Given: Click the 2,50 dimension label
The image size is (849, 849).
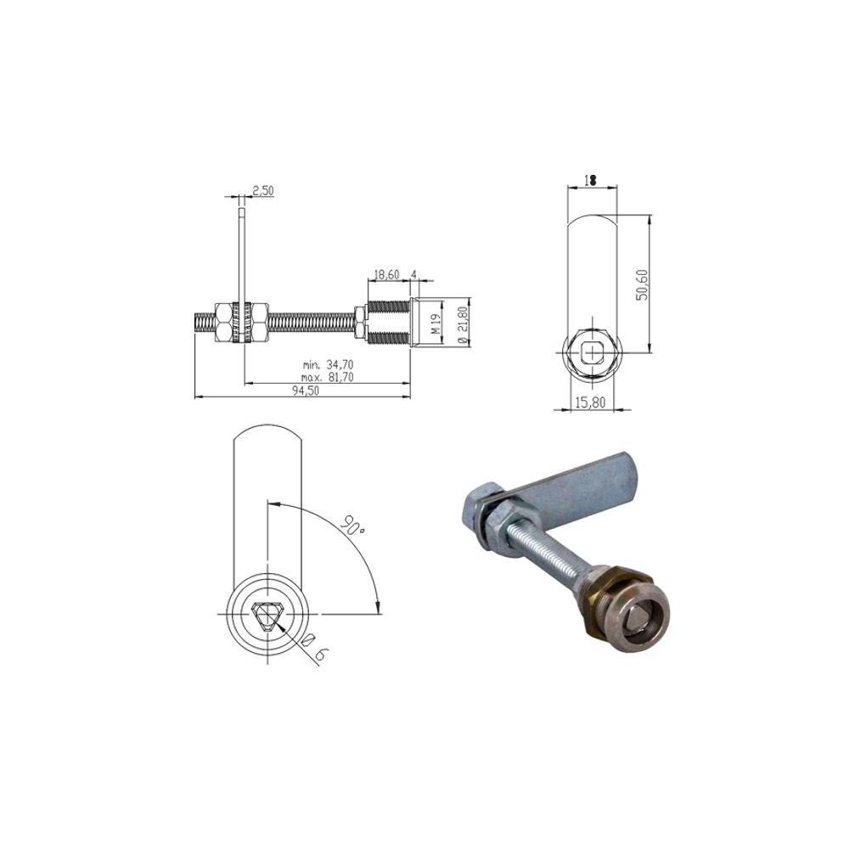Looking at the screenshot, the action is pyautogui.click(x=263, y=190).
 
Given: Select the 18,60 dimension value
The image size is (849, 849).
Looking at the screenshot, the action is pyautogui.click(x=386, y=274).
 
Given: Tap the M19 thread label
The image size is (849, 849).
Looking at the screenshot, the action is pyautogui.click(x=437, y=323).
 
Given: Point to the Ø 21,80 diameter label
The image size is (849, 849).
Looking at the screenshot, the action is pyautogui.click(x=462, y=323).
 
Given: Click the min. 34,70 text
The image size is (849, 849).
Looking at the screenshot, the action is pyautogui.click(x=328, y=365).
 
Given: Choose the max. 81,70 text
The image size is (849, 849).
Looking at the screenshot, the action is pyautogui.click(x=328, y=377).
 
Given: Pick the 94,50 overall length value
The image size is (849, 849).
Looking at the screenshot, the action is pyautogui.click(x=306, y=391).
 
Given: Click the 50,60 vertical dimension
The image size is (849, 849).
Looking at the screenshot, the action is pyautogui.click(x=642, y=284).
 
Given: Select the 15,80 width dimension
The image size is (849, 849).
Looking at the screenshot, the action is pyautogui.click(x=590, y=402).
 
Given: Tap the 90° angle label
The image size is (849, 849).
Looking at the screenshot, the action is pyautogui.click(x=353, y=524).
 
